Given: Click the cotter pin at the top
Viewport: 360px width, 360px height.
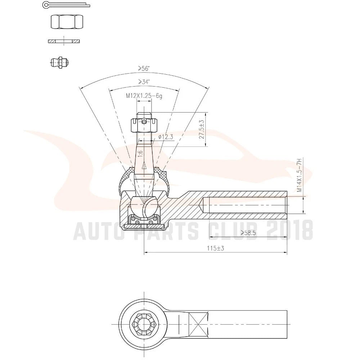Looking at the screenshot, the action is [x=66, y=5].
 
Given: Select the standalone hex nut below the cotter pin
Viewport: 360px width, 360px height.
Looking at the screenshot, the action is [x=67, y=22].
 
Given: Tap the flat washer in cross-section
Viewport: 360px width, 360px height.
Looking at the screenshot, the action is [x=64, y=41].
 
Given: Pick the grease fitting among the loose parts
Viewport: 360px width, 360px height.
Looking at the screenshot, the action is [x=59, y=62].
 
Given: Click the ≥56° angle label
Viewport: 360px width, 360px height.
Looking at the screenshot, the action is [x=144, y=68].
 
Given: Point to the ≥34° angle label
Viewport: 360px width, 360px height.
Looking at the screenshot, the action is [x=144, y=82].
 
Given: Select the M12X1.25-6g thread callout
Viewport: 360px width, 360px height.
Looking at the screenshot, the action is [x=144, y=96].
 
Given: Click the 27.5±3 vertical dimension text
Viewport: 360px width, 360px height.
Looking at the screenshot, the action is [x=202, y=129].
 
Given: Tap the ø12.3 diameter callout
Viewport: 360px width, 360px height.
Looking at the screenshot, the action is [x=166, y=137].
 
